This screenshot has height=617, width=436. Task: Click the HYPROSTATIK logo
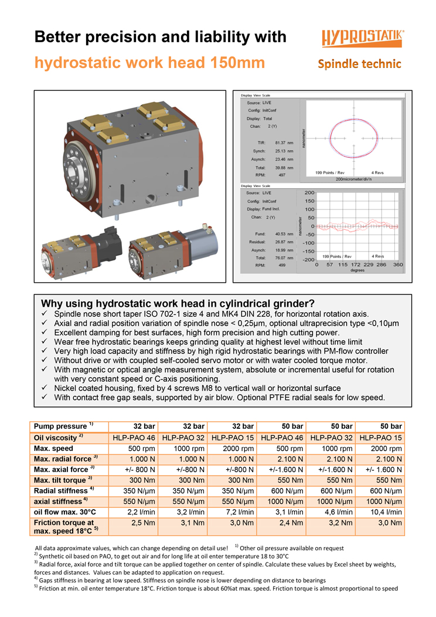coord(362,39)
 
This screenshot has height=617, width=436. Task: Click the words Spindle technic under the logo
coord(359,63)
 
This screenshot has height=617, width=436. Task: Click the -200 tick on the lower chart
coord(308,259)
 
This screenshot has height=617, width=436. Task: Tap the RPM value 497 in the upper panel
coord(282,175)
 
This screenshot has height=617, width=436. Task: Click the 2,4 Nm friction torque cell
coord(282,522)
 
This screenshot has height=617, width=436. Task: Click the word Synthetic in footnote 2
coord(54,555)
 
